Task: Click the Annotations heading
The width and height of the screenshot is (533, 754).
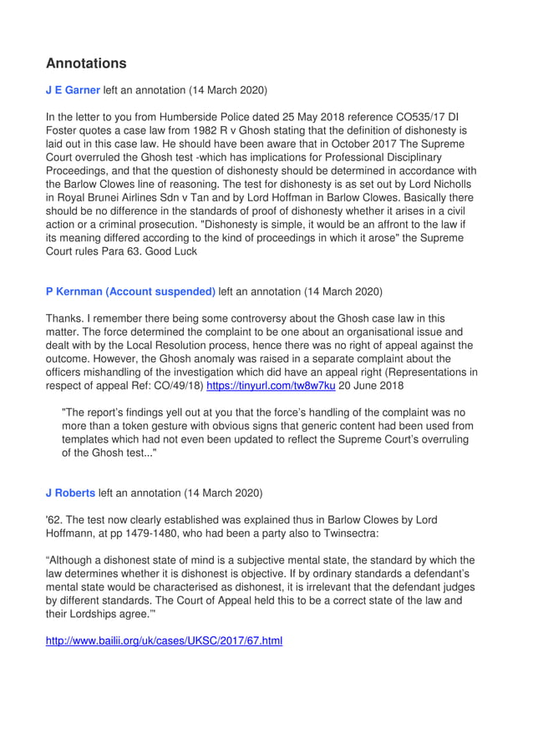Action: pyautogui.click(x=86, y=63)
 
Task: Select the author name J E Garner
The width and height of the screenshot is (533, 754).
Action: pyautogui.click(x=73, y=89)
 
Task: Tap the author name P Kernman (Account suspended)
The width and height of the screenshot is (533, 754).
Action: pyautogui.click(x=130, y=291)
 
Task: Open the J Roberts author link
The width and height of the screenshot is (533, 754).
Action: pyautogui.click(x=70, y=493)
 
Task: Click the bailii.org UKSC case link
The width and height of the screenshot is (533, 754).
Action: pyautogui.click(x=164, y=640)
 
